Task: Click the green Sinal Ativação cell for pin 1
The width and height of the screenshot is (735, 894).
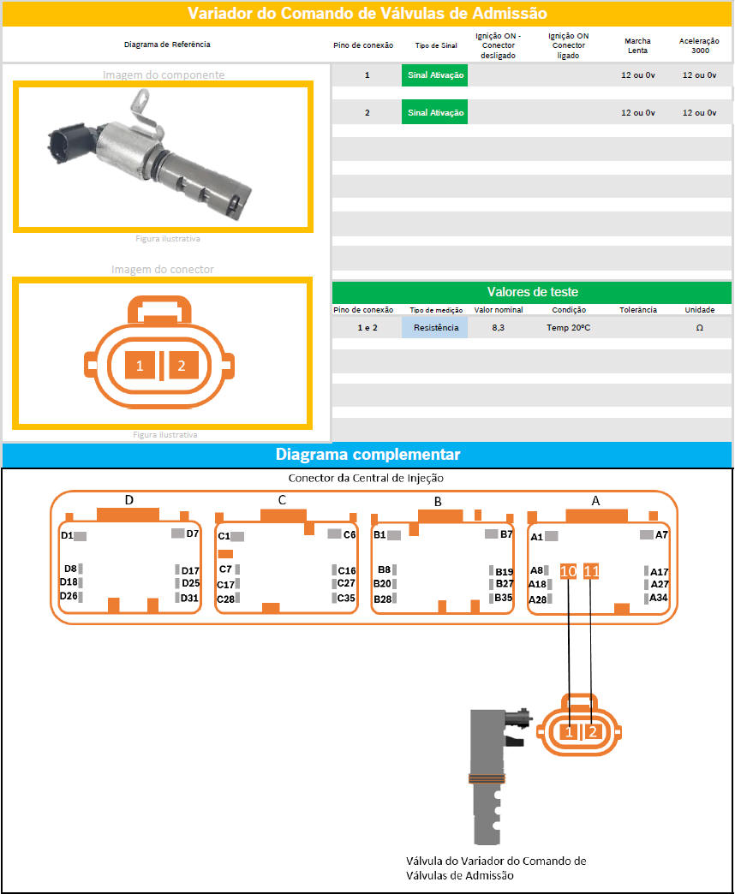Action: click(x=434, y=75)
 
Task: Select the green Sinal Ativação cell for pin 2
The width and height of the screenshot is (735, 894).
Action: click(x=434, y=113)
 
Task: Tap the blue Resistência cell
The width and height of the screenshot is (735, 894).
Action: click(x=435, y=328)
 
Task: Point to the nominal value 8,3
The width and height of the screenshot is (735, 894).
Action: click(x=498, y=328)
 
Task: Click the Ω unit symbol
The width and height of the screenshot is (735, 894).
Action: click(x=700, y=328)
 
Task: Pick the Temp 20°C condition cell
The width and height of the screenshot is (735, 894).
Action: click(x=569, y=328)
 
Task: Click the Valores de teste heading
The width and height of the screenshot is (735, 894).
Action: click(x=533, y=292)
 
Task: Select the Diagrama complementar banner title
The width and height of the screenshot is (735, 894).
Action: click(x=367, y=455)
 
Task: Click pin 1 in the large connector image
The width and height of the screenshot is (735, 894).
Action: click(x=140, y=366)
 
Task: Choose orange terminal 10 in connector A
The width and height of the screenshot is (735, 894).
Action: click(x=569, y=570)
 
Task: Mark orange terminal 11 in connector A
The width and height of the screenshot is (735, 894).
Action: click(x=591, y=570)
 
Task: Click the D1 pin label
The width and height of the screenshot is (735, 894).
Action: click(x=68, y=535)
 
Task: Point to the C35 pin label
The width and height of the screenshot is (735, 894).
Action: click(x=346, y=598)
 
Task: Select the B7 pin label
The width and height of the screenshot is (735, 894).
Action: click(x=506, y=534)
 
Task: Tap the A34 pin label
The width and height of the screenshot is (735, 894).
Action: click(x=659, y=598)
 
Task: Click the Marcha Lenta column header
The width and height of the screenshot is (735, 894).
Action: click(x=637, y=45)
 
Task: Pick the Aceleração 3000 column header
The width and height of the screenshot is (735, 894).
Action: click(x=699, y=45)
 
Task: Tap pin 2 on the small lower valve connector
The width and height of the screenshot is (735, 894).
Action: click(x=593, y=732)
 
